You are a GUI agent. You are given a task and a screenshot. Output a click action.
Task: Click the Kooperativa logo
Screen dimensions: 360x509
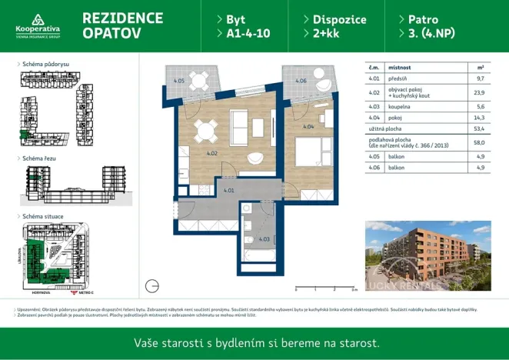coord(38,25)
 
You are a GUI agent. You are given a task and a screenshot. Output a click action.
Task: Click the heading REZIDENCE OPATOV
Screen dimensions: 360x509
coord(122,25)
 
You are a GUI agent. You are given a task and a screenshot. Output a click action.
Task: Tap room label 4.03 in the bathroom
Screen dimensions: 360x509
coord(264,238)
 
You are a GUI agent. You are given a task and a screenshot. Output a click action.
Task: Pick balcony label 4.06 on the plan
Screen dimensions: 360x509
coord(301,80)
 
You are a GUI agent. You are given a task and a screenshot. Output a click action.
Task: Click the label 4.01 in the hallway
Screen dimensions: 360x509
coord(228,189)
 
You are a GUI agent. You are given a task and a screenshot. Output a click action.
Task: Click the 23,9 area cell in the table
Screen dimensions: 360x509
coord(481,92)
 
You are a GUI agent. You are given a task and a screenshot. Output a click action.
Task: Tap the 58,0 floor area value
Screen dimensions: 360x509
coord(481,142)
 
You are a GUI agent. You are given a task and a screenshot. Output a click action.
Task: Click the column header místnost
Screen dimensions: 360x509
coord(400,68)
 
